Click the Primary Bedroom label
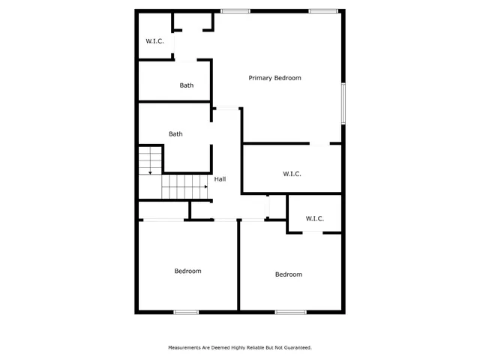click(x=275, y=78)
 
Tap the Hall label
click(x=220, y=179)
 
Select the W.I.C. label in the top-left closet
click(x=154, y=41)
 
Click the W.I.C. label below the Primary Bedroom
click(x=292, y=174)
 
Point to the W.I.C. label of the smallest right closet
click(x=314, y=218)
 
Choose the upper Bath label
click(x=187, y=85)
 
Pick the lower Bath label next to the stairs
click(x=175, y=134)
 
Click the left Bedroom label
click(x=187, y=271)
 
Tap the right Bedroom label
click(x=288, y=274)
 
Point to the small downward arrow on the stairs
click(x=150, y=172)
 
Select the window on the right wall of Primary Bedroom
click(x=343, y=103)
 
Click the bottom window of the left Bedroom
click(x=186, y=311)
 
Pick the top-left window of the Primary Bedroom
click(x=235, y=10)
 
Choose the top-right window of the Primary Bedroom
click(x=322, y=10)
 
